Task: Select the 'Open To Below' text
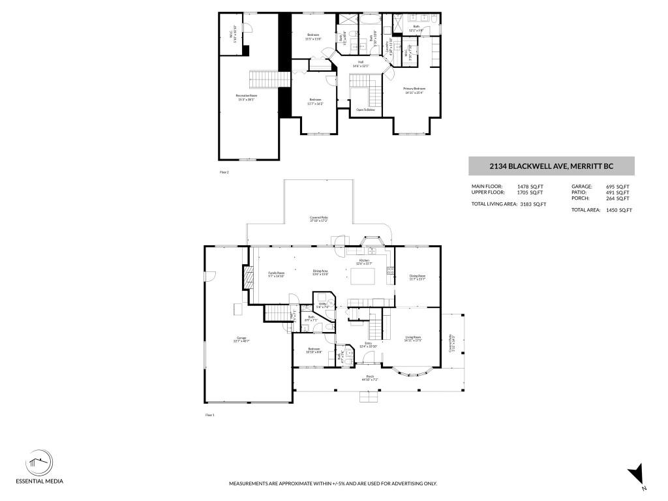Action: point(365,110)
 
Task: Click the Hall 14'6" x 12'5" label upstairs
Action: point(360,64)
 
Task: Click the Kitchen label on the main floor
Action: point(363,262)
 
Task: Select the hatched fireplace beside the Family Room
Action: point(248,277)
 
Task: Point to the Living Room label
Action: point(413,339)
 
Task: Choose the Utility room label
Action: point(322,305)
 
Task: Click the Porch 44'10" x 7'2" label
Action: point(370,378)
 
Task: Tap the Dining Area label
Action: point(320,272)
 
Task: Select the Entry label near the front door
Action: point(368,344)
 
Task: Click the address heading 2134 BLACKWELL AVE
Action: point(551,166)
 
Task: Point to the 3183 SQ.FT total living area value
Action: point(533,204)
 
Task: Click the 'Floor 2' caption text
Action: point(224,172)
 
